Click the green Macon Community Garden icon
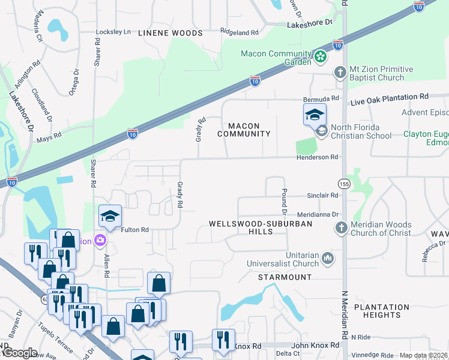[321, 58]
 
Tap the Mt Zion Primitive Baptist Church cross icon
[340, 73]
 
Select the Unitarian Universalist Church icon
[328, 259]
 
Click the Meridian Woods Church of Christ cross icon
[341, 228]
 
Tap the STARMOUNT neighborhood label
[285, 277]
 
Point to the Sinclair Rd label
[322, 196]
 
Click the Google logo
[19, 353]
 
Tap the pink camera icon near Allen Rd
[100, 241]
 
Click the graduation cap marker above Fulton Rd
[110, 216]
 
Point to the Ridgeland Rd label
[239, 32]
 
